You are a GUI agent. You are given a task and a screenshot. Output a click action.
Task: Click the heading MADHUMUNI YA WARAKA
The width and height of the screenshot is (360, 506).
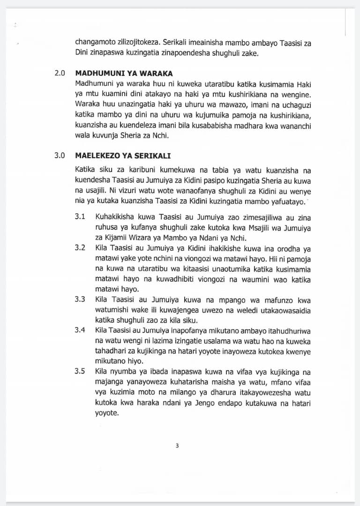pyautogui.click(x=124, y=73)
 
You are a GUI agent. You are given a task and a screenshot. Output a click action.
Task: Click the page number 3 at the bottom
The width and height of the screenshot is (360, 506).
pyautogui.click(x=177, y=446)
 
